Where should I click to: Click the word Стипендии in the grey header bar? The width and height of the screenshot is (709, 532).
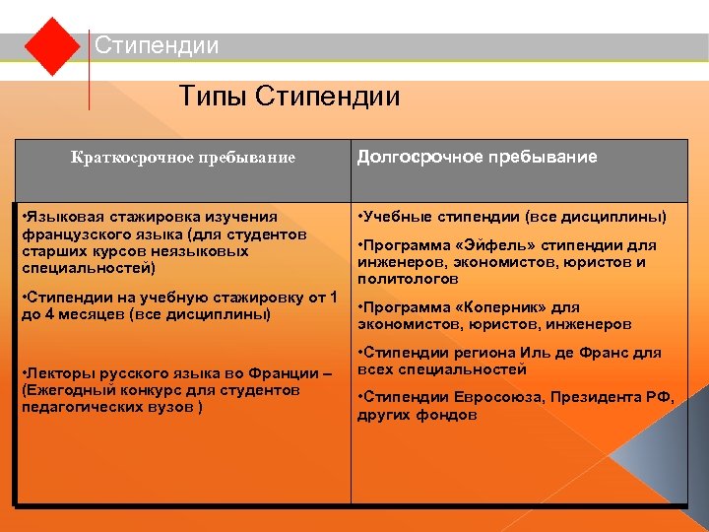157,46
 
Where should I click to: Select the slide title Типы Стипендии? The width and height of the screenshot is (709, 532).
290,97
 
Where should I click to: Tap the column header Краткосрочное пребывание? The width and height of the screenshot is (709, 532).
183,158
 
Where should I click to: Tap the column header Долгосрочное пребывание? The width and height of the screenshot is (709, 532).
477,157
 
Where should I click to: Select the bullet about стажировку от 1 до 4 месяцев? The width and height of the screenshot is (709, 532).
178,306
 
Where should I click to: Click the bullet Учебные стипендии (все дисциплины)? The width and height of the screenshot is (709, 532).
512,217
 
